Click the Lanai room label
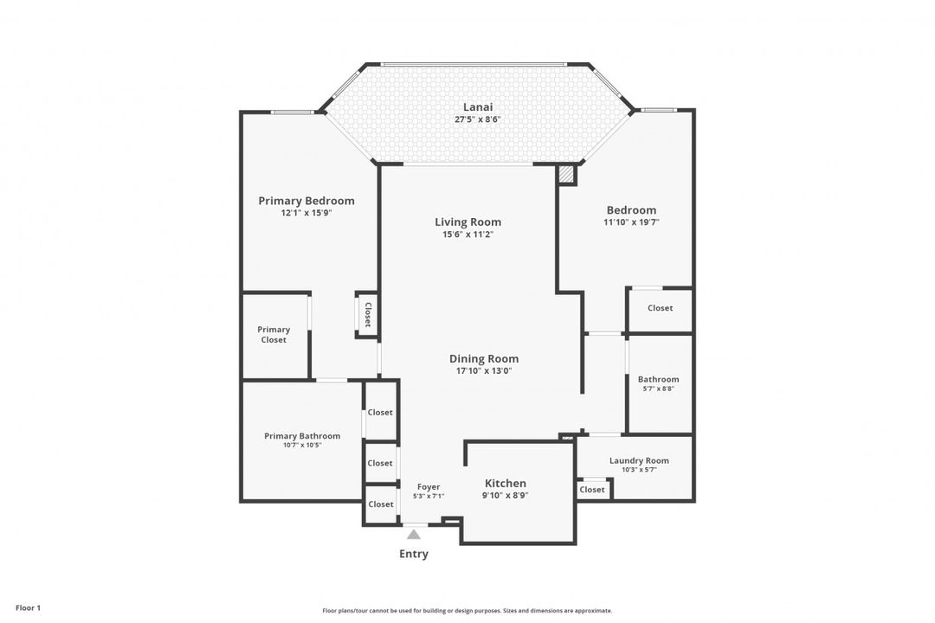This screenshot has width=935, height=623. tap(478, 107)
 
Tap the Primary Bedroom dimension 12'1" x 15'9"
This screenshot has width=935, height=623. tap(306, 213)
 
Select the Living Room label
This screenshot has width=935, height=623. tap(467, 222)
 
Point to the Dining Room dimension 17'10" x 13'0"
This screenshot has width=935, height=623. tap(484, 371)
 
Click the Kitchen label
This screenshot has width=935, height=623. tap(505, 484)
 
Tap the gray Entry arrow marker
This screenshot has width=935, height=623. tap(413, 534)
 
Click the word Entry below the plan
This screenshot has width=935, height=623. tap(413, 554)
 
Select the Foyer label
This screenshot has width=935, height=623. tap(429, 487)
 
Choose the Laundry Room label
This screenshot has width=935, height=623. tap(639, 460)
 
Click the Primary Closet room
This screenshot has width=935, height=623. tap(275, 336)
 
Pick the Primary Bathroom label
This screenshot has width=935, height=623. tap(302, 436)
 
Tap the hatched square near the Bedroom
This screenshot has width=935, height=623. tap(566, 174)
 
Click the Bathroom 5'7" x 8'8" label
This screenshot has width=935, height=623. tap(658, 383)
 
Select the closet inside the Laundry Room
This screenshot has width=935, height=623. tap(592, 490)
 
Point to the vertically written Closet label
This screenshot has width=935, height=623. tap(367, 314)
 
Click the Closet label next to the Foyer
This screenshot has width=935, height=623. tap(380, 504)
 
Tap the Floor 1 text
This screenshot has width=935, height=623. tap(28, 608)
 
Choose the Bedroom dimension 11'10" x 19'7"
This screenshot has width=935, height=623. tap(631, 222)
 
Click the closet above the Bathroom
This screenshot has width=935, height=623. tap(660, 309)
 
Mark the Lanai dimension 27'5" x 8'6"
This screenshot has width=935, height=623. tap(478, 119)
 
